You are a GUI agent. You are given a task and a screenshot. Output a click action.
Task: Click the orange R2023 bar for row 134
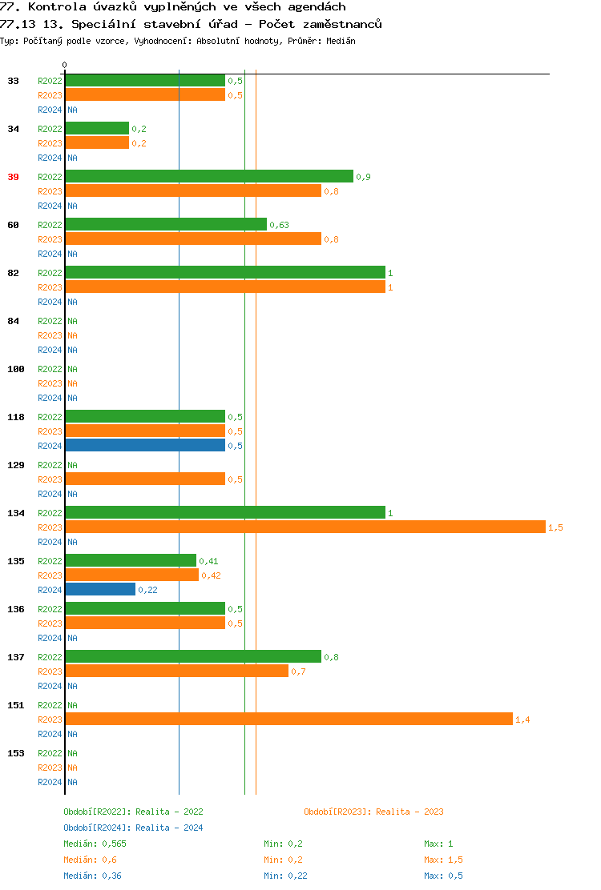[305, 527]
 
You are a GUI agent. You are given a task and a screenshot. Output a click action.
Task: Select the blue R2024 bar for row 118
[145, 446]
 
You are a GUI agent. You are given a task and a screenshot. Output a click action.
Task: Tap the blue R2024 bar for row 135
[100, 590]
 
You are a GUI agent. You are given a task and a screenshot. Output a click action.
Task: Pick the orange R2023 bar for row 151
[288, 720]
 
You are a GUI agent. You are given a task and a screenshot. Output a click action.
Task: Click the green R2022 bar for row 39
[208, 177]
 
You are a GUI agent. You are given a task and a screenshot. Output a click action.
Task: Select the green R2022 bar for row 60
[166, 225]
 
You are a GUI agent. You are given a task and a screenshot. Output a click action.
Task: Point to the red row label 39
[13, 177]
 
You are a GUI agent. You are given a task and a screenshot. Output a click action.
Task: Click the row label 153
[16, 753]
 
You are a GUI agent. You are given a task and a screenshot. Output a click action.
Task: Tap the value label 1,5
[555, 527]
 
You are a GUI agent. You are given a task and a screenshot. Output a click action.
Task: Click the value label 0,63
[280, 225]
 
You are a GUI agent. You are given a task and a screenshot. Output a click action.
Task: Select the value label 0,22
[147, 590]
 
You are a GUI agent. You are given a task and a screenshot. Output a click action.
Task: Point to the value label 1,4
[522, 720]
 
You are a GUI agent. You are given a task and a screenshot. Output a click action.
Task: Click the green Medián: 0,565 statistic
[95, 844]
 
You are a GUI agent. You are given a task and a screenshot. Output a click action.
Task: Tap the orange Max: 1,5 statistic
[443, 860]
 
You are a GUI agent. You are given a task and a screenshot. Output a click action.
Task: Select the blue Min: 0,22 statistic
[285, 876]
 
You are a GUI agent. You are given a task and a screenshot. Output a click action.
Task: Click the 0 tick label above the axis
[65, 65]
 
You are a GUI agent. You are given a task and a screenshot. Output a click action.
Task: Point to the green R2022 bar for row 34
[97, 129]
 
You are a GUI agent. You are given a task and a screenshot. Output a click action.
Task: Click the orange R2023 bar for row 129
[145, 479]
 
